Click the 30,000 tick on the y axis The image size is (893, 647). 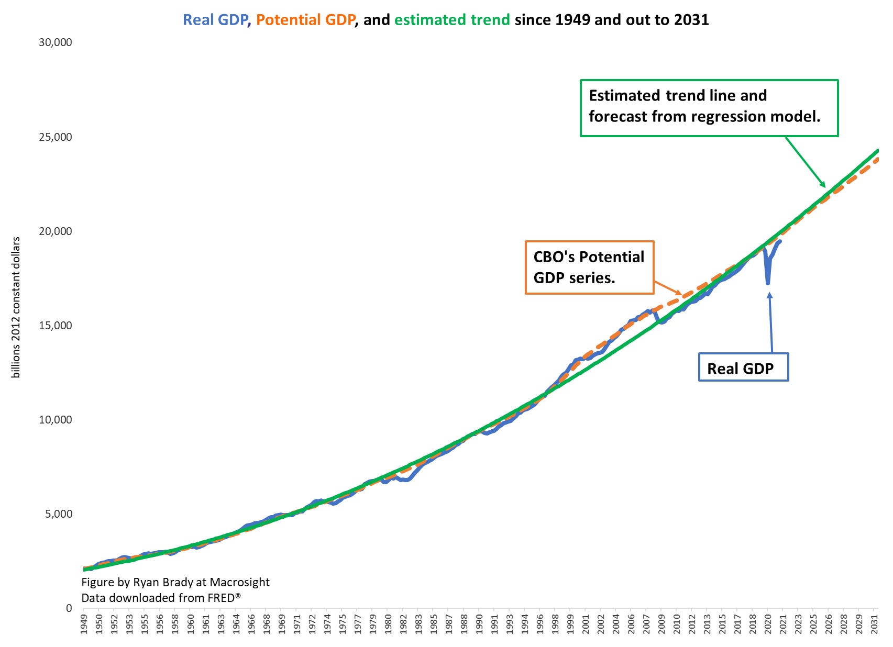coord(55,42)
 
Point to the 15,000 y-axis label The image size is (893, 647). coord(55,325)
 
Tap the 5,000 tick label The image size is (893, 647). coord(58,514)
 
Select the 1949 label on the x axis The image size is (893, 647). coord(84,624)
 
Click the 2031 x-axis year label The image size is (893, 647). coord(874,624)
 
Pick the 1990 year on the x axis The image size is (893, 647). coord(479,624)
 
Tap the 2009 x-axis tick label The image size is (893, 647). coord(662,624)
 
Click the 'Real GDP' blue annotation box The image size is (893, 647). coord(743,368)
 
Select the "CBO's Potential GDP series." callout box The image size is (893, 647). coord(589,267)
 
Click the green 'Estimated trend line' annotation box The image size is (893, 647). coord(709,108)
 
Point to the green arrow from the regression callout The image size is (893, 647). coord(805,162)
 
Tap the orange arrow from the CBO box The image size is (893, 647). coord(668,288)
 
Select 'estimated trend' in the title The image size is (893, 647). coord(451,20)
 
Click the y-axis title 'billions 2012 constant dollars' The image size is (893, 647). coord(16,307)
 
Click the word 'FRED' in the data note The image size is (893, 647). coord(221,598)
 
